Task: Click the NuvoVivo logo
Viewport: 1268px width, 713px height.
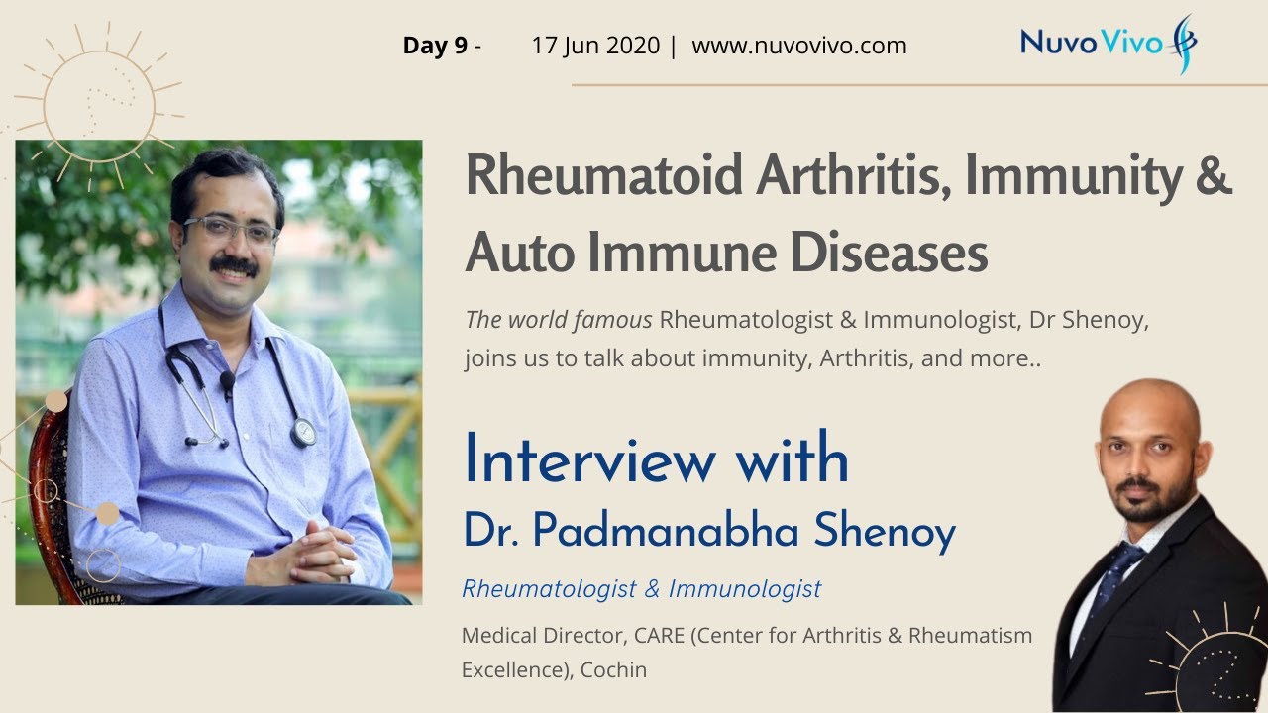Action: point(1108,43)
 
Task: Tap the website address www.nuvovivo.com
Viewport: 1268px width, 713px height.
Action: point(798,46)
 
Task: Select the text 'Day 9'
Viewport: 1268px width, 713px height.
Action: point(435,46)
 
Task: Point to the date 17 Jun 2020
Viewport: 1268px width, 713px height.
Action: point(594,46)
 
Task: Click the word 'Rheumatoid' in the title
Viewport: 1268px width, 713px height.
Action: point(603,176)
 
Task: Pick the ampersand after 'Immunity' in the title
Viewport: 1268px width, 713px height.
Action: point(1215,176)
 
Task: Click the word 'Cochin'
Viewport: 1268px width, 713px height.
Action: point(613,669)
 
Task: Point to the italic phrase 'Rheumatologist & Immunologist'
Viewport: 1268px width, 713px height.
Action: point(641,589)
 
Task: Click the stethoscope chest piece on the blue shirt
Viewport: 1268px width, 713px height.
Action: point(302,431)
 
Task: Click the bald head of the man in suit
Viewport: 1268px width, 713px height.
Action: point(1149,406)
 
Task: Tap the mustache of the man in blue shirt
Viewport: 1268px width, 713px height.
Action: point(234,264)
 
